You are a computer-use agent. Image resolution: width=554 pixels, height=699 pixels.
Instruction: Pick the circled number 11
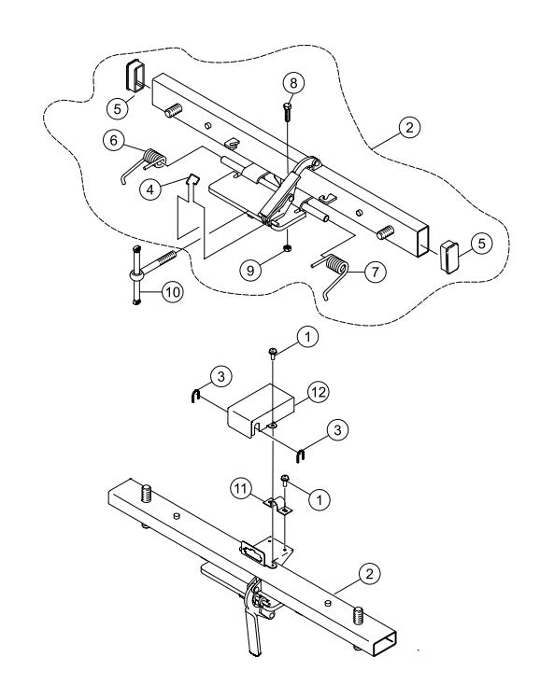(242, 487)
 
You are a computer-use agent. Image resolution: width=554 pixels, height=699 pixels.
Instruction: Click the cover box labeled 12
(260, 408)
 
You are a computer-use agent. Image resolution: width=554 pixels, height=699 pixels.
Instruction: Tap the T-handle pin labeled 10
(140, 277)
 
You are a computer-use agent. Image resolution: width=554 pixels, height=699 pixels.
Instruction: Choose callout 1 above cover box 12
(305, 332)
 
